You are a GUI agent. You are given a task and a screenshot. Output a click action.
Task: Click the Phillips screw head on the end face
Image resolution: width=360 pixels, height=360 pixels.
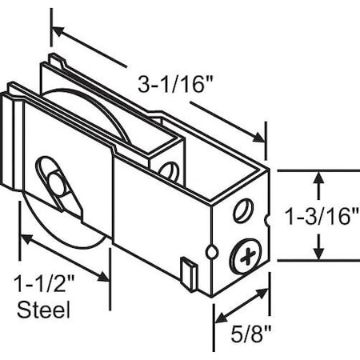point(246,258)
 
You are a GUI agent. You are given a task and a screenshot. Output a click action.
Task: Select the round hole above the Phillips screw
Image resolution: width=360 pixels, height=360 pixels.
point(241,212)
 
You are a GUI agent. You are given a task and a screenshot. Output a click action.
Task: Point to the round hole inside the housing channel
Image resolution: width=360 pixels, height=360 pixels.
point(168,170)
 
